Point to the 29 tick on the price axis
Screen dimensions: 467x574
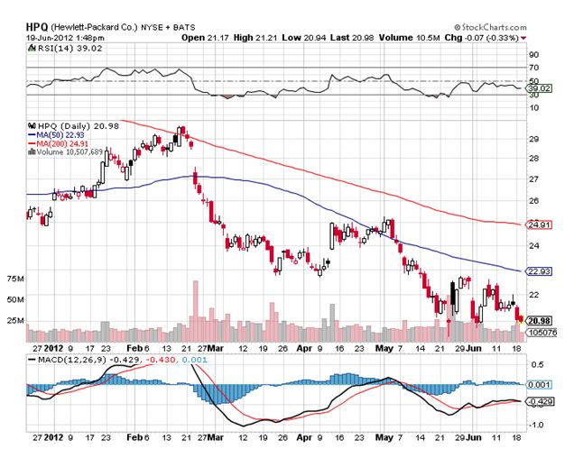(533, 139)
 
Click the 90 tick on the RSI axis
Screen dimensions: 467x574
(533, 55)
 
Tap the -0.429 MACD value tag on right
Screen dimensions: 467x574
(540, 399)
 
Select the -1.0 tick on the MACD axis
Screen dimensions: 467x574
(535, 423)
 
